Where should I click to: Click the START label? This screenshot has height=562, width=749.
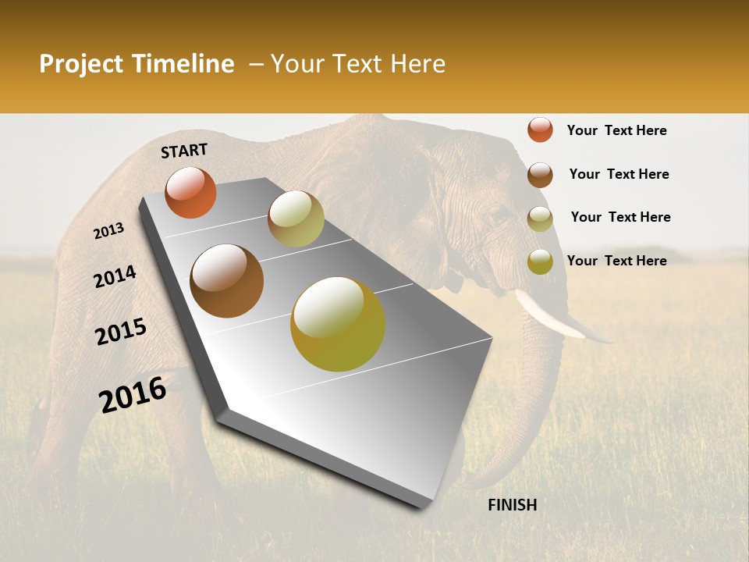(184, 151)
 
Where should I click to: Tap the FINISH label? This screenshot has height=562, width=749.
(512, 505)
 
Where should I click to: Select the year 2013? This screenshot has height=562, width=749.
(108, 231)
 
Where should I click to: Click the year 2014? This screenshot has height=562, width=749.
(115, 277)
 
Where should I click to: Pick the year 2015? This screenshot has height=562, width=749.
(121, 332)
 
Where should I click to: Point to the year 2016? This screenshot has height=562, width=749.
(133, 395)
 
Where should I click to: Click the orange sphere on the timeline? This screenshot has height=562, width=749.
(190, 193)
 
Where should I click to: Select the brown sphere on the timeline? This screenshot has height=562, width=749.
(227, 281)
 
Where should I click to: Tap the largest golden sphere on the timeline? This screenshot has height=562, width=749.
(338, 324)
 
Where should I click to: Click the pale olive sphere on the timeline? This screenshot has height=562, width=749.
(296, 219)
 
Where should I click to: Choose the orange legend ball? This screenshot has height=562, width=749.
(540, 130)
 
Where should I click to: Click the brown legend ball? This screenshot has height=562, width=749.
(540, 174)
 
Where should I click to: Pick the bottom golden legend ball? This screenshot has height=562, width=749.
(540, 261)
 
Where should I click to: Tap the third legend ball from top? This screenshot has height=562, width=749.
(540, 218)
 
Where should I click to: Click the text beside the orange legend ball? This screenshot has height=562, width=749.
(616, 130)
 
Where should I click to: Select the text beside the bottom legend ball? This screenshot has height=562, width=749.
(616, 261)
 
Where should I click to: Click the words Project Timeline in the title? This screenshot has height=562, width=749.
(137, 64)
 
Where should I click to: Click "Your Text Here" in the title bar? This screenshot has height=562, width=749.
(358, 64)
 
